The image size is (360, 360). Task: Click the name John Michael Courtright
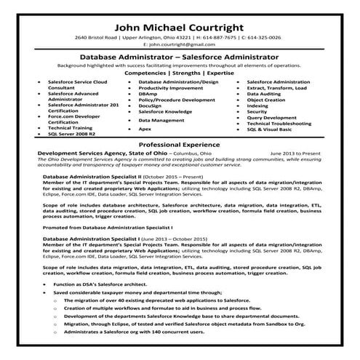180,23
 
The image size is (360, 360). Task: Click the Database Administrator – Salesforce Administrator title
180,56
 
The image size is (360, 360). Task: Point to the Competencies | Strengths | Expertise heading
180,73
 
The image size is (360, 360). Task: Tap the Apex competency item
144,129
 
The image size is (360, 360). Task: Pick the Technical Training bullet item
69,128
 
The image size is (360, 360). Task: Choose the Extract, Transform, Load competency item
273,88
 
